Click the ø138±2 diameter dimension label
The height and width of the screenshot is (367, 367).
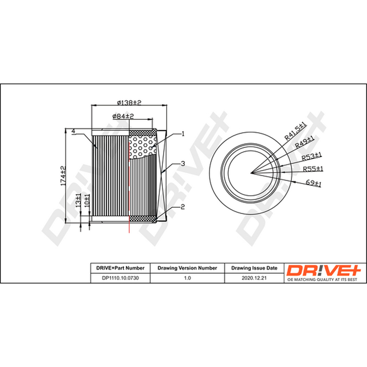129,102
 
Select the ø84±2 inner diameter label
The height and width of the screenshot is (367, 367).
123,116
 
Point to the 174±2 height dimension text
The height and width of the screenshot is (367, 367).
63,176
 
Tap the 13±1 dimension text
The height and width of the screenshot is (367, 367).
78,200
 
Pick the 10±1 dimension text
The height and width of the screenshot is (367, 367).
87,200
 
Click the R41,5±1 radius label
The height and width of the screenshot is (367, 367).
295,131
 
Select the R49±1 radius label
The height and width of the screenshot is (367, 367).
304,142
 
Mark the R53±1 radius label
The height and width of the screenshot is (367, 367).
311,156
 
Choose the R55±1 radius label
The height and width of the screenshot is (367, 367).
313,169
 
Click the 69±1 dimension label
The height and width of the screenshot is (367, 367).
313,183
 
